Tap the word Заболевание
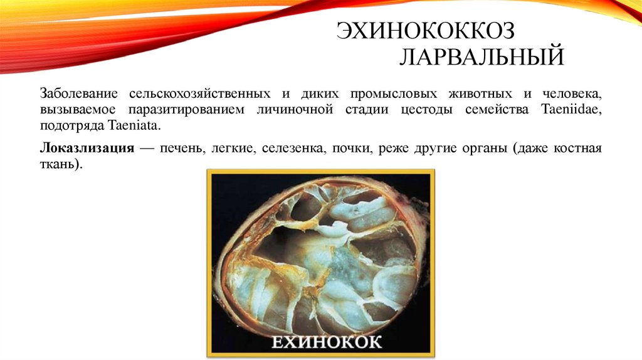pyautogui.click(x=80, y=93)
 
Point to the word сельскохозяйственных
pyautogui.click(x=201, y=93)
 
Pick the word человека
pyautogui.click(x=572, y=93)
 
